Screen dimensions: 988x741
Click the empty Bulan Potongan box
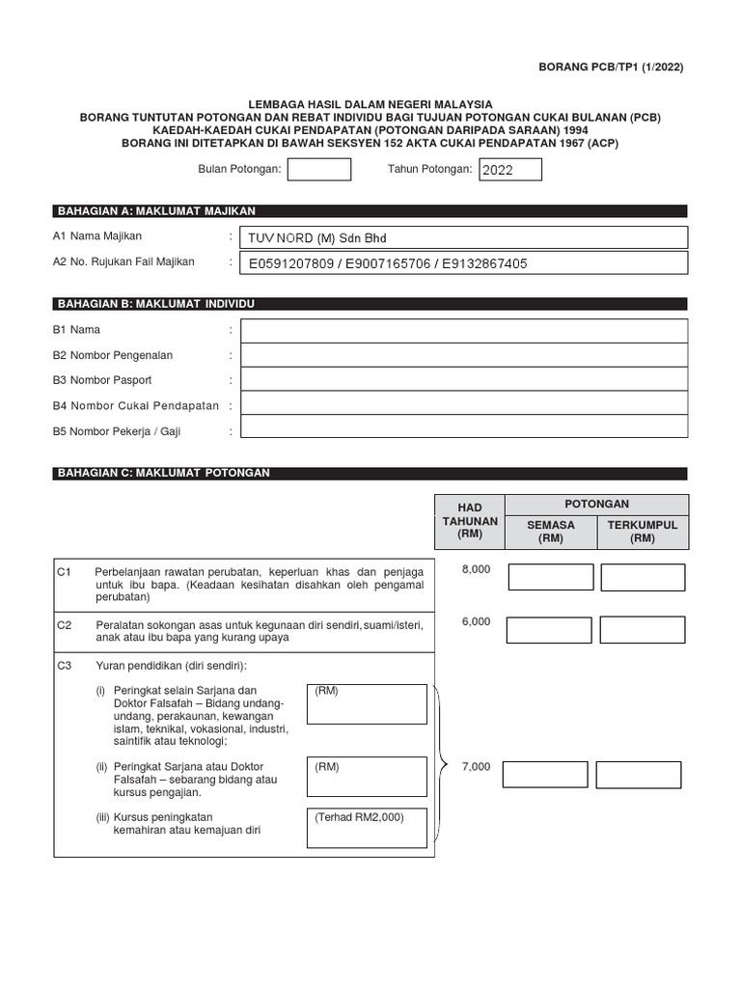click(x=319, y=170)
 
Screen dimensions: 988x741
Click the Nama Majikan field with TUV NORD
click(x=464, y=237)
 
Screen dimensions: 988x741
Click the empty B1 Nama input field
click(x=464, y=331)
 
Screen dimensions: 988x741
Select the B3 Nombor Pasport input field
click(x=464, y=379)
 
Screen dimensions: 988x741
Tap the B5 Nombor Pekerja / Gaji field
click(x=464, y=427)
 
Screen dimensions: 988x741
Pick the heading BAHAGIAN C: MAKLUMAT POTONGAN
click(x=164, y=474)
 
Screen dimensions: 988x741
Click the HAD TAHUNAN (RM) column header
click(x=470, y=521)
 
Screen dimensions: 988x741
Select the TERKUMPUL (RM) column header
click(x=642, y=532)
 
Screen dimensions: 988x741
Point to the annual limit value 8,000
click(x=476, y=570)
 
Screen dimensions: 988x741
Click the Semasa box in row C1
click(x=551, y=577)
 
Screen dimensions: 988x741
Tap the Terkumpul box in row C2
click(x=642, y=630)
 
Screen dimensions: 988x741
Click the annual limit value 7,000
click(x=476, y=767)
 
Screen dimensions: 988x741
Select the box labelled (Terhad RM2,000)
click(x=366, y=829)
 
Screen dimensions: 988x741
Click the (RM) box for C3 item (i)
click(x=366, y=703)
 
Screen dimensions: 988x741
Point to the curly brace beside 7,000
click(x=442, y=765)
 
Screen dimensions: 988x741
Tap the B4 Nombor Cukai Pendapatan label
click(x=136, y=406)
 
